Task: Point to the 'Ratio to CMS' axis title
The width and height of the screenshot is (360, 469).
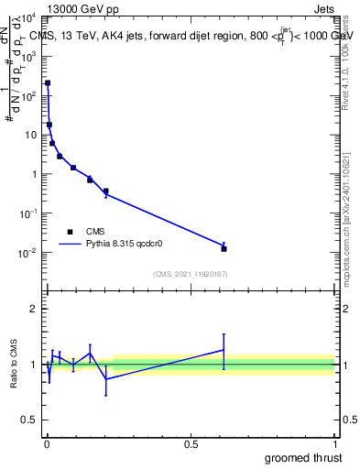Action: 14,364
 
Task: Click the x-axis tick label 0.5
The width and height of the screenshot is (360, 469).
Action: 191,443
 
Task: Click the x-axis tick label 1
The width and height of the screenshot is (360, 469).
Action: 334,443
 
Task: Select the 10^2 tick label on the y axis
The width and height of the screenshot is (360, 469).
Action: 28,95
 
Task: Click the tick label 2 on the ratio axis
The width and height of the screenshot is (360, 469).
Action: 34,309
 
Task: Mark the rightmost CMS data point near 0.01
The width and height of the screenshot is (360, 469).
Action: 224,248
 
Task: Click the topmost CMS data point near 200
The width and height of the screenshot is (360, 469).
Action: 48,83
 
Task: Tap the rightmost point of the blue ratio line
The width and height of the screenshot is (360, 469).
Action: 224,350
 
